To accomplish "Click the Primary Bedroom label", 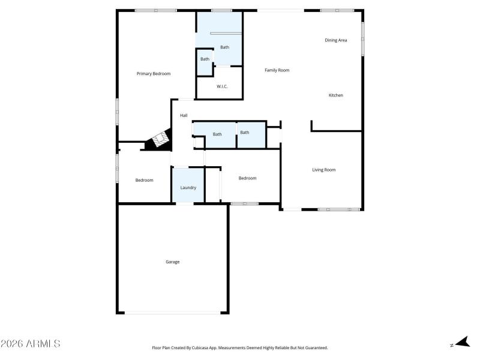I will pyautogui.click(x=154, y=74).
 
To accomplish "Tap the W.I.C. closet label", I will pyautogui.click(x=222, y=86).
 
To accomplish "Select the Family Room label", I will pyautogui.click(x=277, y=70).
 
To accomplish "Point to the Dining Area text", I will pyautogui.click(x=336, y=40).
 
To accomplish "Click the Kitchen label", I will pyautogui.click(x=336, y=95).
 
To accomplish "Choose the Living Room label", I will pyautogui.click(x=324, y=170).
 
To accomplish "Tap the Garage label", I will pyautogui.click(x=173, y=262).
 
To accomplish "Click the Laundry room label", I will pyautogui.click(x=188, y=188).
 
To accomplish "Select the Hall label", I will pyautogui.click(x=184, y=115).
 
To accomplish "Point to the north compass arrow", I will pyautogui.click(x=461, y=342).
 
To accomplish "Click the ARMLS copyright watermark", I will pyautogui.click(x=30, y=344).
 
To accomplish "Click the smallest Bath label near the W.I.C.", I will pyautogui.click(x=205, y=59).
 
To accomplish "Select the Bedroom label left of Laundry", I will pyautogui.click(x=144, y=180).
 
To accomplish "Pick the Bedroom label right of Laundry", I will pyautogui.click(x=248, y=178).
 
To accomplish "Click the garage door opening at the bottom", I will pyautogui.click(x=173, y=312).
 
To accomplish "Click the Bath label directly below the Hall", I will pyautogui.click(x=217, y=134).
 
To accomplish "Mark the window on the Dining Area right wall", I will pyautogui.click(x=362, y=39).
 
